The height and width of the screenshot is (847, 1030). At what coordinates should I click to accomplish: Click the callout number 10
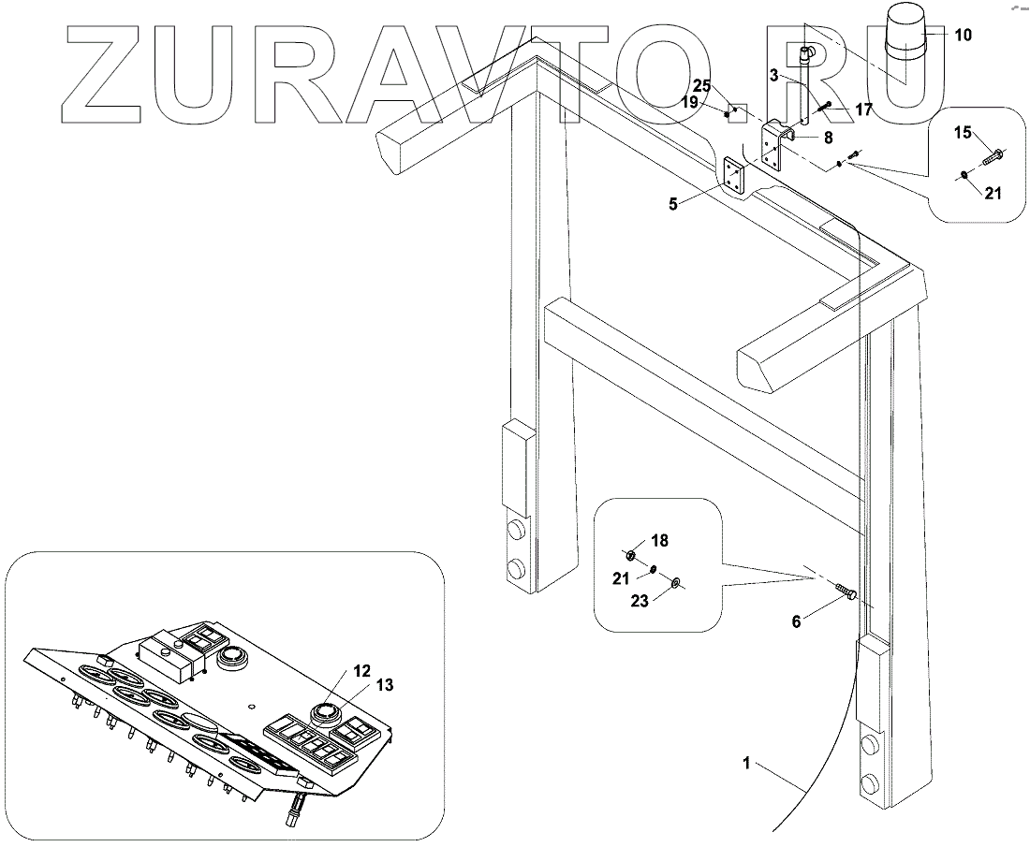[x=963, y=36]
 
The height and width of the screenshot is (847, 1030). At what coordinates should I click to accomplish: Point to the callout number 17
[x=863, y=110]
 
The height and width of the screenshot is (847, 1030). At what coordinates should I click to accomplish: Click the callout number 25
[x=702, y=87]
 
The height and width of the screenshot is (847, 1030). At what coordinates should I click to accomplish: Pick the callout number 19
[x=690, y=102]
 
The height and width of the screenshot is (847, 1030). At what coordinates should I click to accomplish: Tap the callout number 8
[x=827, y=138]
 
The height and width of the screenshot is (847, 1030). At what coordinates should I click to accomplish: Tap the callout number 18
[x=660, y=540]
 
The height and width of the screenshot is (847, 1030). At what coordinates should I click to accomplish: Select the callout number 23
[x=639, y=601]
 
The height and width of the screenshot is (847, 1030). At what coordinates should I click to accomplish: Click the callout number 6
[x=796, y=620]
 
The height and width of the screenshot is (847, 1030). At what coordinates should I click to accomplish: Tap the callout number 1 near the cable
[x=745, y=765]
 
